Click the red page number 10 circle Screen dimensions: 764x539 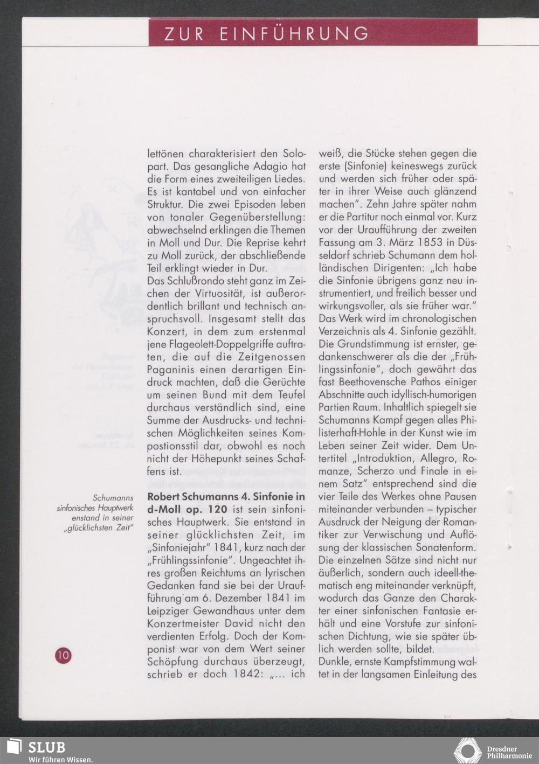tap(63, 655)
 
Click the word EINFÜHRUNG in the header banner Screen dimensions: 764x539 tap(294, 34)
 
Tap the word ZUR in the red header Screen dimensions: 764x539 tap(184, 34)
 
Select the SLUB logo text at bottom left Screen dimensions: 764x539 tap(46, 747)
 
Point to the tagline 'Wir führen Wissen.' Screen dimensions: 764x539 tap(60, 759)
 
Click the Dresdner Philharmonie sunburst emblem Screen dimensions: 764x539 tap(467, 751)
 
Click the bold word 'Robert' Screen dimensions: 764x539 tap(164, 496)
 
